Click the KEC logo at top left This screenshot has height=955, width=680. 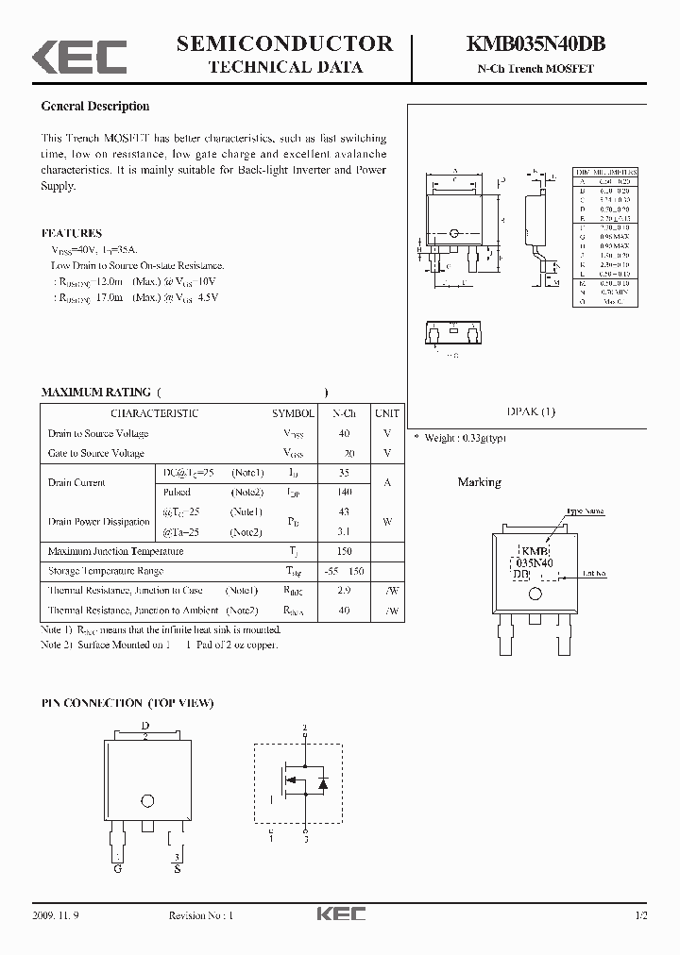tap(79, 56)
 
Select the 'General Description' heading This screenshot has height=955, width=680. tap(95, 107)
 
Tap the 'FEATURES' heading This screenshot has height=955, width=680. tap(72, 233)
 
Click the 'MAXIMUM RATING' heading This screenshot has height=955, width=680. tap(95, 392)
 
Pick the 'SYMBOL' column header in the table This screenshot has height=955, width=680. tap(294, 413)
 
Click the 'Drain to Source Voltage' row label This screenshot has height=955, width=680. tap(98, 433)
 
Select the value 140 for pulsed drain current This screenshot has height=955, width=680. tap(344, 493)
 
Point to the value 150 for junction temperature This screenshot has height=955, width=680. tap(344, 551)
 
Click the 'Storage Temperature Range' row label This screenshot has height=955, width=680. tap(106, 571)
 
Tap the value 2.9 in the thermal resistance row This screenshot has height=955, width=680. tap(344, 591)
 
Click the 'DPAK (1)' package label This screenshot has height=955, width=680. tap(532, 411)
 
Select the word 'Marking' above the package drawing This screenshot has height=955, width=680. tap(479, 482)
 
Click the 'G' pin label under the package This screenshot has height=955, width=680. tap(118, 867)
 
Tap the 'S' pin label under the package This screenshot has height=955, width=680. tap(177, 867)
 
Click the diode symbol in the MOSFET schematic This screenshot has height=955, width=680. tap(323, 782)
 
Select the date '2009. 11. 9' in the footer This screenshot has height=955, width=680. tap(58, 916)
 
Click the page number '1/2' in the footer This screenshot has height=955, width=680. tap(641, 916)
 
